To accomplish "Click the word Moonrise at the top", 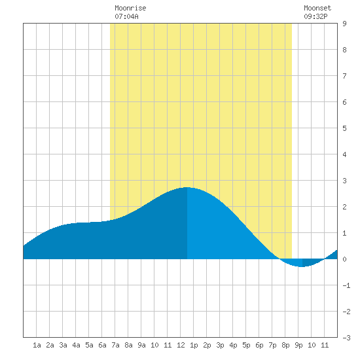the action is click(x=130, y=8).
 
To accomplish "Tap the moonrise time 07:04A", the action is click(x=126, y=16).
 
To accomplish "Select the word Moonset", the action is click(x=317, y=8).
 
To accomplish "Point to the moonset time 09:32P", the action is click(x=315, y=16).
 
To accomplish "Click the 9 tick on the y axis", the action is click(x=344, y=24).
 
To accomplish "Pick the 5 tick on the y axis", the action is click(x=344, y=128).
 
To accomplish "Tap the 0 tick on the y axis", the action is click(x=344, y=259).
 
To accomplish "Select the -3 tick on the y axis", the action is click(x=346, y=338).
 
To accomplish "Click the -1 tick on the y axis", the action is click(x=346, y=285).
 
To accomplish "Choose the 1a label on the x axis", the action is click(x=37, y=345).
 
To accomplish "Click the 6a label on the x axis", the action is click(x=102, y=345).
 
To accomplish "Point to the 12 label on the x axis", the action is click(x=181, y=345).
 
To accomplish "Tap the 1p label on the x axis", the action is click(x=194, y=345).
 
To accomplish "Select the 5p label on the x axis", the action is click(x=246, y=345).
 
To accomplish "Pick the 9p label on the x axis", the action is click(x=298, y=345).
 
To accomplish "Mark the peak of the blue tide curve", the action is click(x=187, y=188).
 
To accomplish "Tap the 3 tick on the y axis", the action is click(x=344, y=181).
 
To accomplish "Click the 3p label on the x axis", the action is click(x=220, y=345).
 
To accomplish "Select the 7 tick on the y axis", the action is click(x=344, y=76).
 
